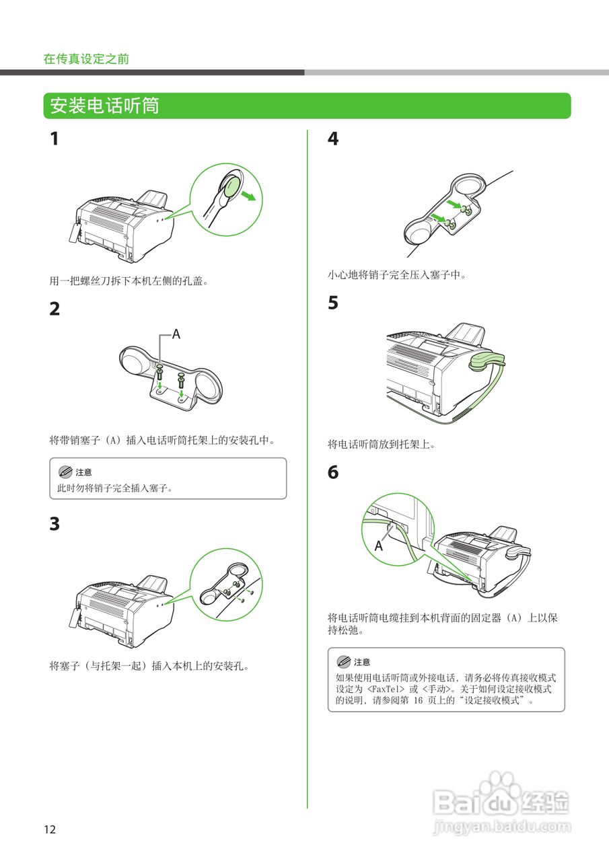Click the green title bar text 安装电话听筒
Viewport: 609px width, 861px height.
[x=104, y=106]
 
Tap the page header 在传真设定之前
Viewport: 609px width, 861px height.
[x=86, y=59]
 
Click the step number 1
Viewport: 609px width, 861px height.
[x=55, y=139]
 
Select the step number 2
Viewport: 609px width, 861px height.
[x=55, y=309]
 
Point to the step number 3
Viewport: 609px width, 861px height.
[x=55, y=523]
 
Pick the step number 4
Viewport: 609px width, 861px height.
[x=333, y=139]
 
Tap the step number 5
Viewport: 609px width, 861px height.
[x=333, y=303]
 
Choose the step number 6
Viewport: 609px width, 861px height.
[x=333, y=472]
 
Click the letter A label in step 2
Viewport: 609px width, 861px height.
[x=176, y=334]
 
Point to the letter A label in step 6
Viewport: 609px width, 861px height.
[x=379, y=546]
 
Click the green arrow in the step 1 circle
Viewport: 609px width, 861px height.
[x=248, y=196]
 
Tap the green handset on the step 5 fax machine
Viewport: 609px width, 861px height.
[x=487, y=361]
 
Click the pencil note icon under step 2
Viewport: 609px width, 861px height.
[x=65, y=472]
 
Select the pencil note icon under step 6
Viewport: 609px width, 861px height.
[x=343, y=661]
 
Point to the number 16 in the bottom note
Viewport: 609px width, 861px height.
[x=418, y=701]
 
